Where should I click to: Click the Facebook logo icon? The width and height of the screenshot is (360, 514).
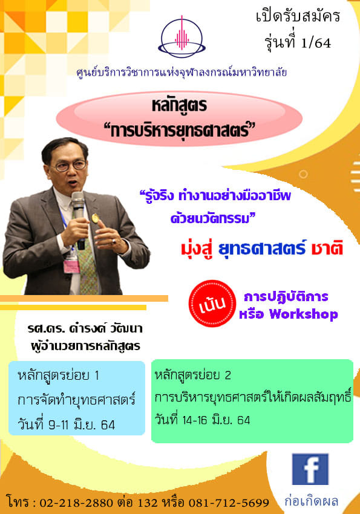(310, 469)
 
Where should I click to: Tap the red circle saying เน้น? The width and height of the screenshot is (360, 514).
(212, 303)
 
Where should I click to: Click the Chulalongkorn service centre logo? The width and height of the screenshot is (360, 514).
(182, 37)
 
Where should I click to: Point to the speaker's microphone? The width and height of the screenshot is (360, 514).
(79, 219)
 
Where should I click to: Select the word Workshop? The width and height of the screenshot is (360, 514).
(303, 314)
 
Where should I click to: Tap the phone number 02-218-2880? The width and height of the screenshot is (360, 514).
(76, 502)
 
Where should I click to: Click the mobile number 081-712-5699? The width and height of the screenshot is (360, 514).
(229, 502)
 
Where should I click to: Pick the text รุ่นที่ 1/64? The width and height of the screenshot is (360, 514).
(298, 42)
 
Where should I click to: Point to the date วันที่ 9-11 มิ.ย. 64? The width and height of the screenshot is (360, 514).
(66, 425)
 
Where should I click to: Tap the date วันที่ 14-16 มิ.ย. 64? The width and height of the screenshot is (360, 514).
(202, 420)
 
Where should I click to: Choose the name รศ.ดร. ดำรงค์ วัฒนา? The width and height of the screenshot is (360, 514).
(85, 328)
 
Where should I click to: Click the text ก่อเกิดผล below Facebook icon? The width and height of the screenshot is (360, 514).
(311, 501)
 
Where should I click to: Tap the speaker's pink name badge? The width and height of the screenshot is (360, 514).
(71, 266)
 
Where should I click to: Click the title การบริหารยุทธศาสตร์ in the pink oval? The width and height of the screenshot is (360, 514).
(179, 131)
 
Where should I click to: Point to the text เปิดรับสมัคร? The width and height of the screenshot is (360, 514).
(298, 16)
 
